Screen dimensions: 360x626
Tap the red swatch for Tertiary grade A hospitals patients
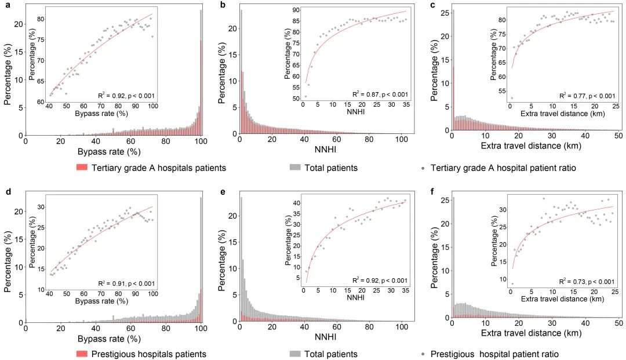click(82, 168)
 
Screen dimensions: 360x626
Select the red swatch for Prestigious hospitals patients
click(82, 354)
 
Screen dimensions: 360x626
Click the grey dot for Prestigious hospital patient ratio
click(424, 354)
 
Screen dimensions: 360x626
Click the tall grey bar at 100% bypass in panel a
click(201, 70)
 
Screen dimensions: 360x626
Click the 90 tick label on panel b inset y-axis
click(295, 10)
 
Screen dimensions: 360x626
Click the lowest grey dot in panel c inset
click(511, 98)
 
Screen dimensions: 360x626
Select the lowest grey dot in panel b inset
click(305, 96)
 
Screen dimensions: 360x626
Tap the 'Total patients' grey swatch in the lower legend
click(294, 354)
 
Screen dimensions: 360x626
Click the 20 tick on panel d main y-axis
click(17, 211)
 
